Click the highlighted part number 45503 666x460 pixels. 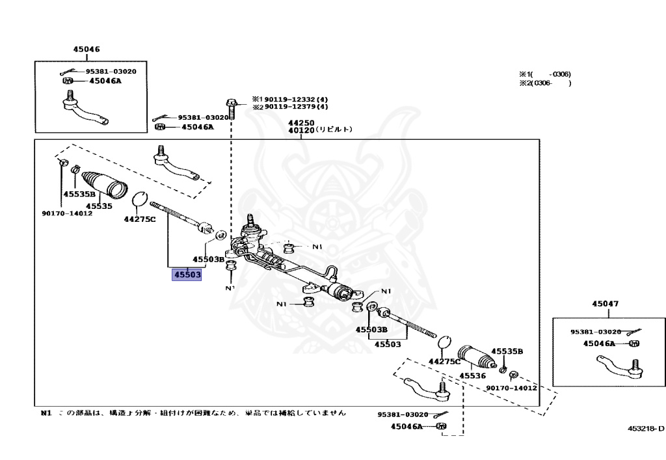(x=187, y=275)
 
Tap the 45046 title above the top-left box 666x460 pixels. (x=86, y=49)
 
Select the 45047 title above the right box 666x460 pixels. (x=605, y=304)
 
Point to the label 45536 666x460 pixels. (x=473, y=375)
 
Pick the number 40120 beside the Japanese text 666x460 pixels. (x=301, y=130)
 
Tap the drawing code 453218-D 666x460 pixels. (x=646, y=428)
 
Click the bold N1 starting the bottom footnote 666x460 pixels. (x=45, y=413)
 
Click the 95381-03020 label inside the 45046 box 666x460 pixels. (x=111, y=72)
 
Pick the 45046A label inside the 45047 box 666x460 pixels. (x=599, y=343)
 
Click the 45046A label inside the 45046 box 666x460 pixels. (x=105, y=81)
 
